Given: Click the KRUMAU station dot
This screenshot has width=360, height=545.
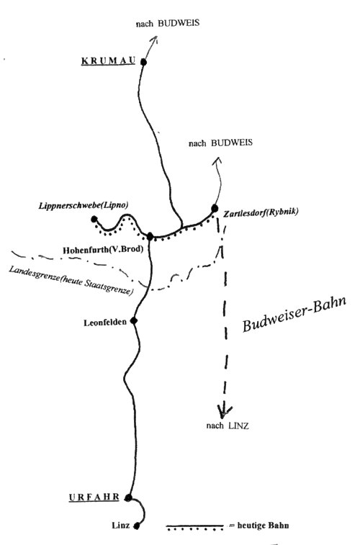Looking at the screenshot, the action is pyautogui.click(x=143, y=62).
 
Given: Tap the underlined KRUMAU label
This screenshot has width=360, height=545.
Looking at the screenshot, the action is pyautogui.click(x=109, y=61).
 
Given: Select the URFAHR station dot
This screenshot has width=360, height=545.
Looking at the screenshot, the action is pyautogui.click(x=128, y=497).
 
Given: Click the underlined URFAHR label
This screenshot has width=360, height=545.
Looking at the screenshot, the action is pyautogui.click(x=94, y=497).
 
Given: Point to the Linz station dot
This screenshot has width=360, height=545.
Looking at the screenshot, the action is pyautogui.click(x=137, y=526).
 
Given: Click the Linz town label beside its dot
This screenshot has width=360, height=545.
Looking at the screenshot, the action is pyautogui.click(x=120, y=525).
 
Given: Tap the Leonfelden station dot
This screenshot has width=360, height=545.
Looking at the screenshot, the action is pyautogui.click(x=133, y=321).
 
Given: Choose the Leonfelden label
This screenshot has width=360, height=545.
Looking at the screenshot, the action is pyautogui.click(x=105, y=323).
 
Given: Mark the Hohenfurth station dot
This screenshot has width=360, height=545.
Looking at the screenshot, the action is pyautogui.click(x=150, y=237).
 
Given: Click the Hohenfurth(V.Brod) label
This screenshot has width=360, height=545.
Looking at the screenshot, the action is pyautogui.click(x=103, y=250).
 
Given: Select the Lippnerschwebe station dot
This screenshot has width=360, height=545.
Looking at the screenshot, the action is pyautogui.click(x=94, y=219).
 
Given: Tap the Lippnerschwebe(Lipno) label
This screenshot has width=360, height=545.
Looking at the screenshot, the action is pyautogui.click(x=84, y=205).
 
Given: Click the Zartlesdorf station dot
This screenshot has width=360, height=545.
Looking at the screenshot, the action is pyautogui.click(x=215, y=208).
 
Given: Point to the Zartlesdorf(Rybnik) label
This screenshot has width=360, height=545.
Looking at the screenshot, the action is pyautogui.click(x=261, y=212).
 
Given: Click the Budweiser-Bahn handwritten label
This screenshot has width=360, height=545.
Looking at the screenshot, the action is pyautogui.click(x=294, y=314).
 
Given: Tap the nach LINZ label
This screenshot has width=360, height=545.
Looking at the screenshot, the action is pyautogui.click(x=228, y=425).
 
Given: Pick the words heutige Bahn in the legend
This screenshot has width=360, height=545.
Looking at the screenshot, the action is pyautogui.click(x=263, y=525).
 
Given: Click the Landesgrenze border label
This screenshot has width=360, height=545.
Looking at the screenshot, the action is pyautogui.click(x=71, y=281).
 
